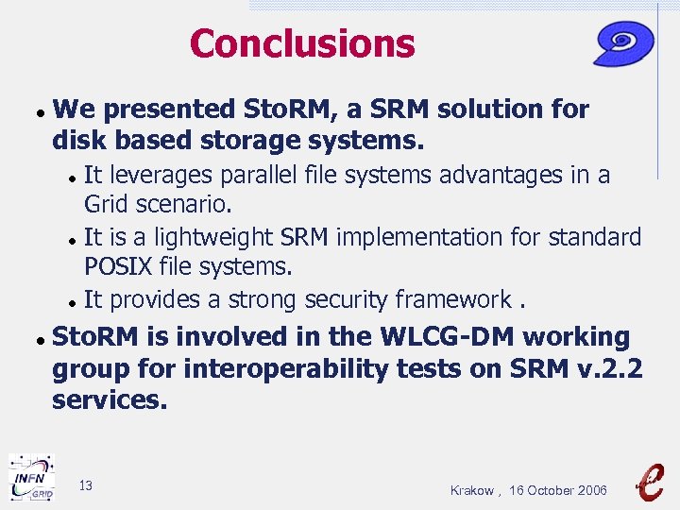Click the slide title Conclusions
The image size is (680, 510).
[301, 43]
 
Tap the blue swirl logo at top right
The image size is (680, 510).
[624, 43]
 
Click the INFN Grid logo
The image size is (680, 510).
[31, 477]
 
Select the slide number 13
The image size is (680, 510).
[86, 485]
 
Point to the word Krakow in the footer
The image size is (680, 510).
[471, 490]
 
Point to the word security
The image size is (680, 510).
[365, 299]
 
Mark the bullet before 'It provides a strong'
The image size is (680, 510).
[72, 302]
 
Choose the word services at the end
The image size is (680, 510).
[110, 400]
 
